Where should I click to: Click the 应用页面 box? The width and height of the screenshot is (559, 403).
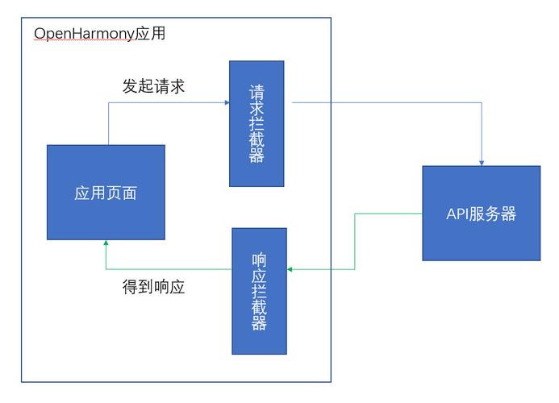click(106, 192)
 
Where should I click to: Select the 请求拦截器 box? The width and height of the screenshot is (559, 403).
click(257, 123)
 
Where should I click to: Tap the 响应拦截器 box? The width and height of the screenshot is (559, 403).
click(260, 291)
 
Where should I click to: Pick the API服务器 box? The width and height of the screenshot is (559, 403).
click(481, 213)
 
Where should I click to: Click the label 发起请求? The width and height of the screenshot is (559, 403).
click(153, 85)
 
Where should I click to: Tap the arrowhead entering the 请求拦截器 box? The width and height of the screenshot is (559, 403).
click(226, 102)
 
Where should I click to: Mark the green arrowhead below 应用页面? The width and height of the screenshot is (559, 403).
click(106, 243)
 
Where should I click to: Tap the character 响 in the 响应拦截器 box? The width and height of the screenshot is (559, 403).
click(260, 260)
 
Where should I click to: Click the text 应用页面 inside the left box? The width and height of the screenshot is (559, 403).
click(106, 193)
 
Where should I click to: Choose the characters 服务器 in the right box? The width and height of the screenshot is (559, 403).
click(494, 214)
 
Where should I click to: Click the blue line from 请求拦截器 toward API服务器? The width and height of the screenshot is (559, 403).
click(387, 102)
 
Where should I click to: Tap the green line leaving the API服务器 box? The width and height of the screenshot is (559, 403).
click(387, 214)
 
